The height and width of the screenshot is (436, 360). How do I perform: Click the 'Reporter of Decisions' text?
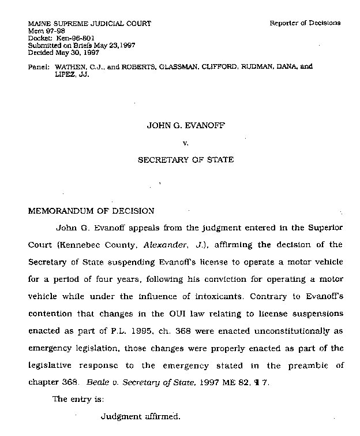pyautogui.click(x=305, y=23)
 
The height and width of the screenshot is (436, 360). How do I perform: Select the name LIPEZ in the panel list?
pyautogui.click(x=64, y=74)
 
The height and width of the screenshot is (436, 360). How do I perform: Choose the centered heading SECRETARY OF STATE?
pyautogui.click(x=185, y=160)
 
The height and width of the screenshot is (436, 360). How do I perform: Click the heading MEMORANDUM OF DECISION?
pyautogui.click(x=91, y=211)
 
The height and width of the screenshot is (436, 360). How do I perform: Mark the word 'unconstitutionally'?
pyautogui.click(x=287, y=331)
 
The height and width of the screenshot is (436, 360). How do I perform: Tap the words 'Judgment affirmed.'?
pyautogui.click(x=140, y=416)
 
